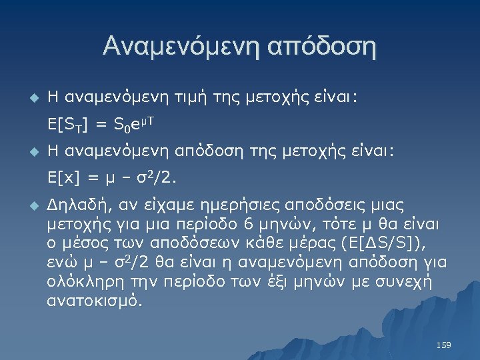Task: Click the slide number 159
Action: coord(443,345)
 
